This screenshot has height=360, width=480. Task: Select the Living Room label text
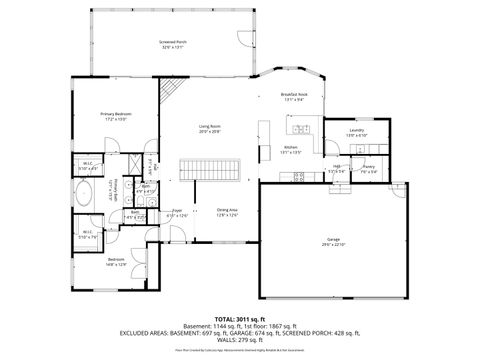click(209, 128)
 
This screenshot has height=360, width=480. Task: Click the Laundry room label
click(357, 132)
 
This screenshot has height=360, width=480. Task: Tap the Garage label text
click(332, 240)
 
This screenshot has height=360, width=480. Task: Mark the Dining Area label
click(227, 211)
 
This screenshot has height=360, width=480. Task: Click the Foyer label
click(177, 212)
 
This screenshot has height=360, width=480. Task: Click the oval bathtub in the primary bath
click(85, 193)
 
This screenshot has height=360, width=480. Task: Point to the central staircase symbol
click(211, 169)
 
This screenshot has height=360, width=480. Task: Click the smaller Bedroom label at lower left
click(116, 262)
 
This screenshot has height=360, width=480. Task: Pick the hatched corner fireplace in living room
click(171, 93)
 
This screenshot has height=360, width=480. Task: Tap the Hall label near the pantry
click(337, 168)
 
